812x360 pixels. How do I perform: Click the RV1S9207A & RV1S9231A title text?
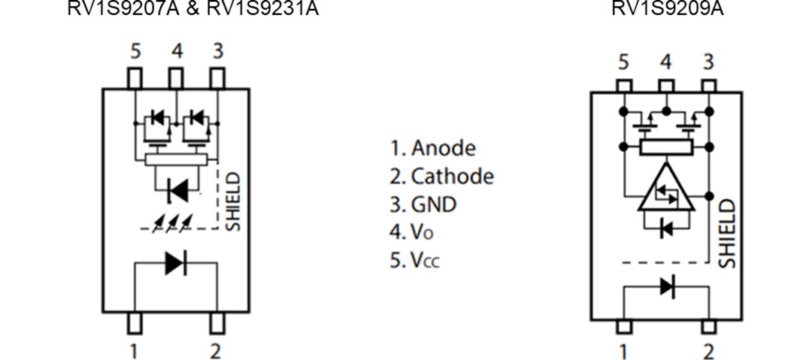pos(193,9)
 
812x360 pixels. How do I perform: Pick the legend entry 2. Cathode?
pos(442,177)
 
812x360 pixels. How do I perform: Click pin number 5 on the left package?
pos(135,52)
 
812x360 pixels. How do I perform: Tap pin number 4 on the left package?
pos(176,52)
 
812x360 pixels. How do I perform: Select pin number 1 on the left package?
pos(133,350)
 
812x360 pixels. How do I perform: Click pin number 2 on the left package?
pos(216,350)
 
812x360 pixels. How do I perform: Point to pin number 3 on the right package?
pos(707,62)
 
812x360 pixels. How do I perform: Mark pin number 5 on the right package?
pos(623,62)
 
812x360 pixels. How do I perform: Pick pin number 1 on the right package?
pos(623,351)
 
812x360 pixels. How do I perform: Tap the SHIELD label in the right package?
pos(727,233)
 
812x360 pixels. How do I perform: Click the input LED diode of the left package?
pos(175,263)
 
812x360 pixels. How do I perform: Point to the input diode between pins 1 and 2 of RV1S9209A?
pos(666,286)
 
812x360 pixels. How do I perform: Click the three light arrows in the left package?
pos(171,222)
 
